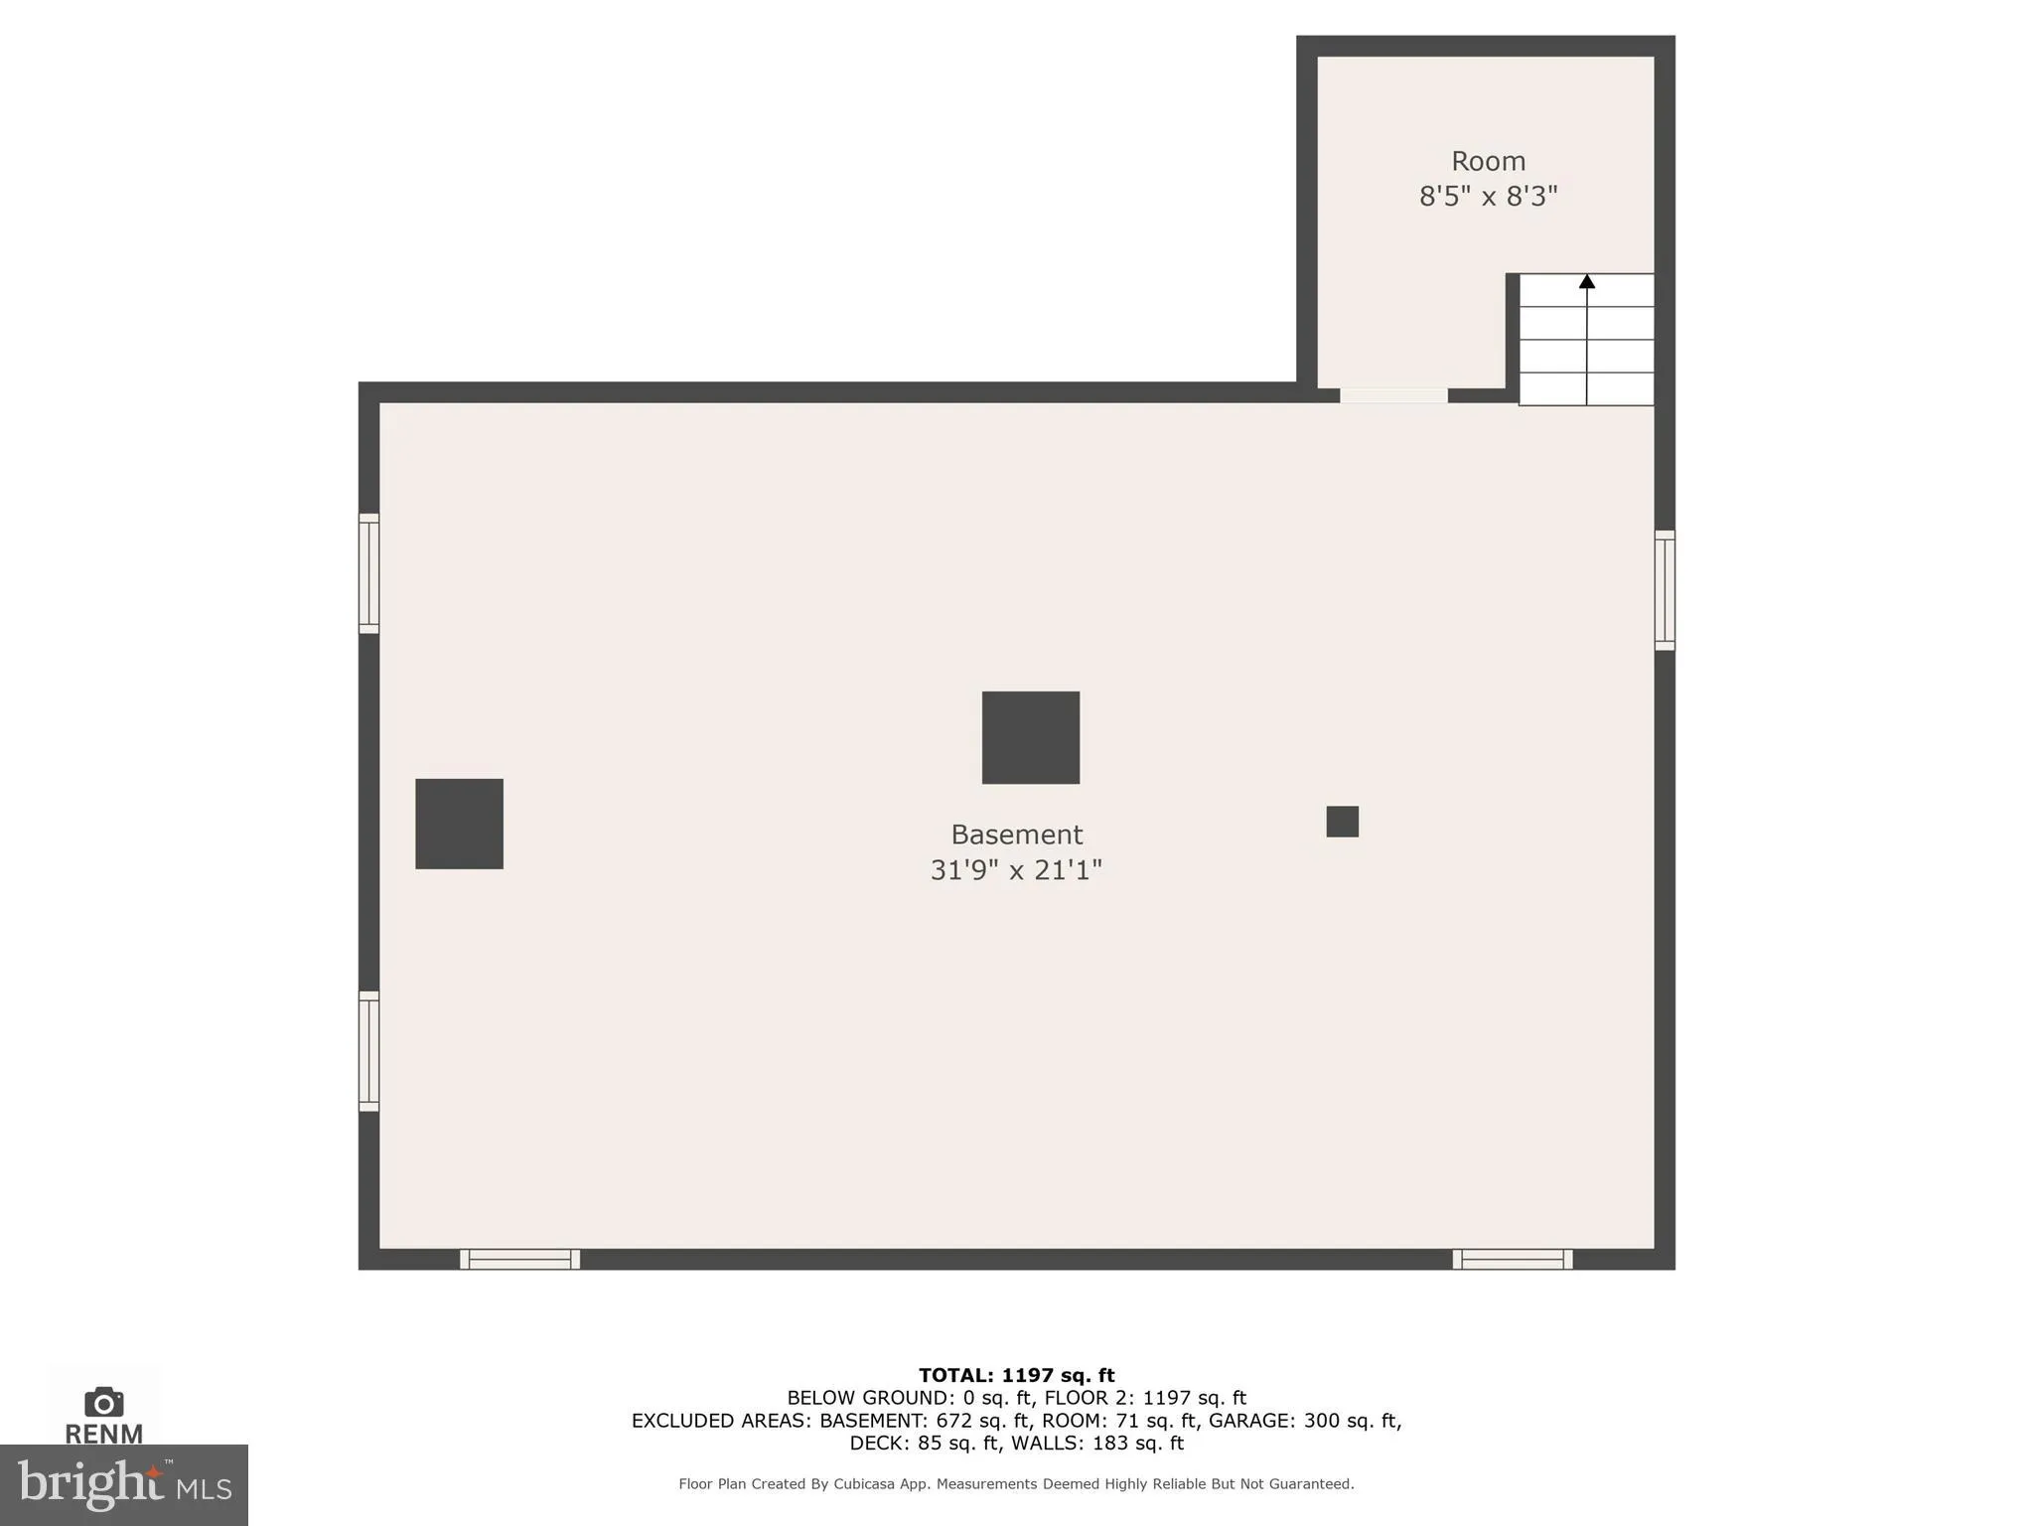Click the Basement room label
coord(1016,835)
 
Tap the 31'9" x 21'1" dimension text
coord(1016,870)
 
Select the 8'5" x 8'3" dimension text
coord(1488,197)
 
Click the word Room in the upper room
coord(1488,161)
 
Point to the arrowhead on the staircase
coord(1587,282)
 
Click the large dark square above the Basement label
coord(1031,737)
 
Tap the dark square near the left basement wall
coord(459,824)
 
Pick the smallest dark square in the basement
coord(1343,822)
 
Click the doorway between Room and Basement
coord(1393,395)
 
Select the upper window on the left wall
coord(368,573)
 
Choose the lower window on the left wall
coord(368,1051)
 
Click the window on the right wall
coord(1665,590)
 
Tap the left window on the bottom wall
coord(519,1260)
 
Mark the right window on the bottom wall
coord(1513,1260)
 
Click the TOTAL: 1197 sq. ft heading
coord(1016,1376)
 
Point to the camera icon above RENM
coord(104,1403)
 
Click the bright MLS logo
coord(124,1485)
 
